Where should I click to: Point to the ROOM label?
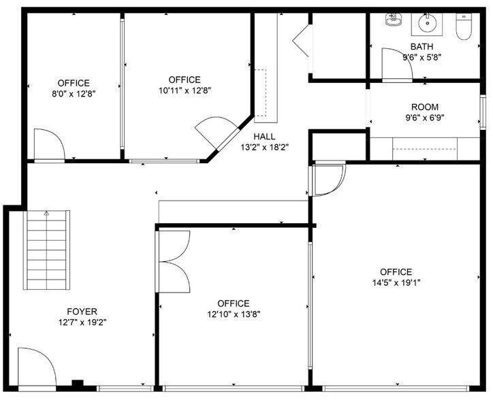click(424, 107)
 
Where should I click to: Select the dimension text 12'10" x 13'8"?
click(233, 314)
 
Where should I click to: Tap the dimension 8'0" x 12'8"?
click(72, 94)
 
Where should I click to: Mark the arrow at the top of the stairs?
click(46, 214)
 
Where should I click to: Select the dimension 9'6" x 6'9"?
click(424, 118)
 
